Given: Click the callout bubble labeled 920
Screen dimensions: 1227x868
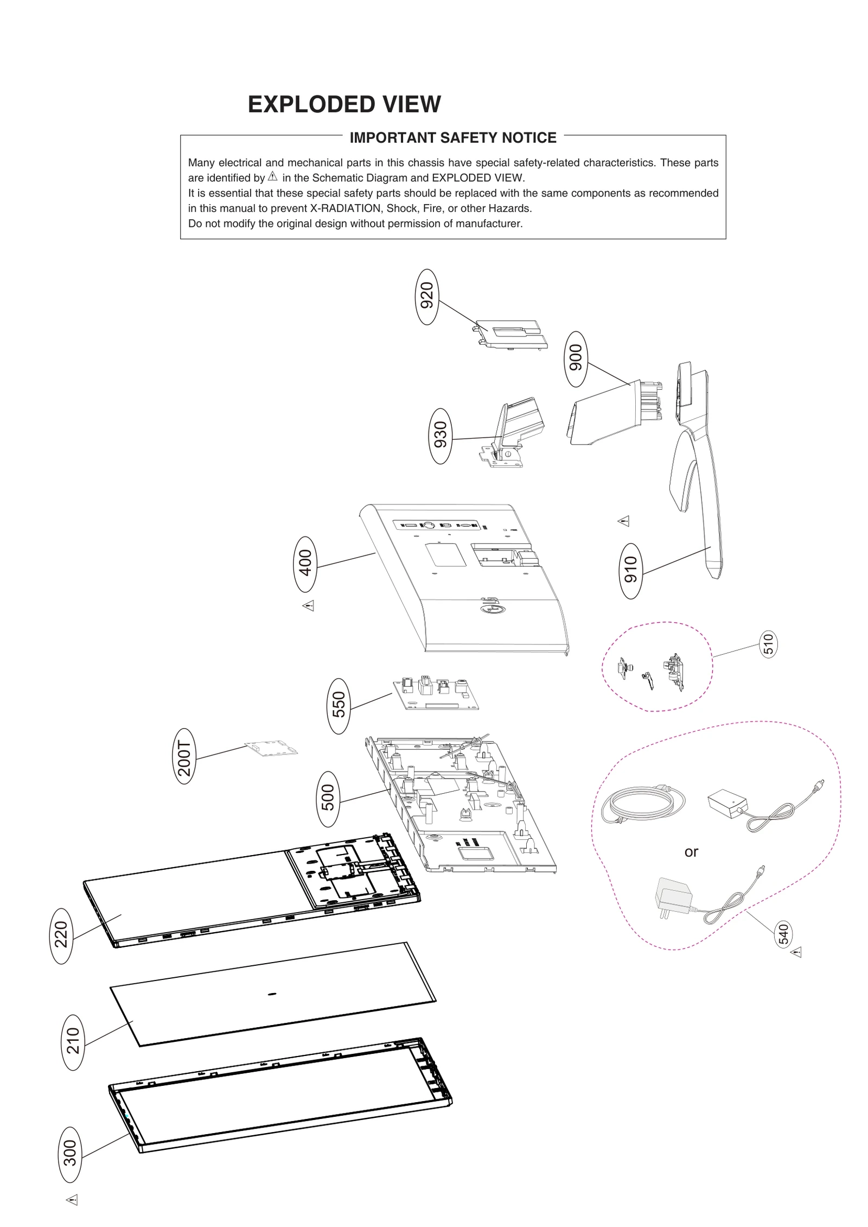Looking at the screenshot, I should tap(427, 296).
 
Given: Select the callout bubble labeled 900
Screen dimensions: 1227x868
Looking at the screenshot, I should tap(576, 358).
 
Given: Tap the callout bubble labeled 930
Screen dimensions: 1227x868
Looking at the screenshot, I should tap(441, 435).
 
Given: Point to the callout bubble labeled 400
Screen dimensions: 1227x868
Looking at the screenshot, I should tap(305, 564).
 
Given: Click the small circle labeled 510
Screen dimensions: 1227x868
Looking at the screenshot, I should tap(768, 644).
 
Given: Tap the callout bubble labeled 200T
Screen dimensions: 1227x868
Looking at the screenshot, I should tap(184, 755).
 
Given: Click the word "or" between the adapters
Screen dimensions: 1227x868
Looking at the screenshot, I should tap(691, 852).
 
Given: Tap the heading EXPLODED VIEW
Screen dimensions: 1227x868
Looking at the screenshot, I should tap(344, 104).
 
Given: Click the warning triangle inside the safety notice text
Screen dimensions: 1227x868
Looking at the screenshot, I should tap(272, 176).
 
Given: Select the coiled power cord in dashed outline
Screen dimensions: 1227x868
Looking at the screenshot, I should tap(643, 804).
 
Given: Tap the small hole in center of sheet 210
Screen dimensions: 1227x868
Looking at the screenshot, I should tap(272, 994).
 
